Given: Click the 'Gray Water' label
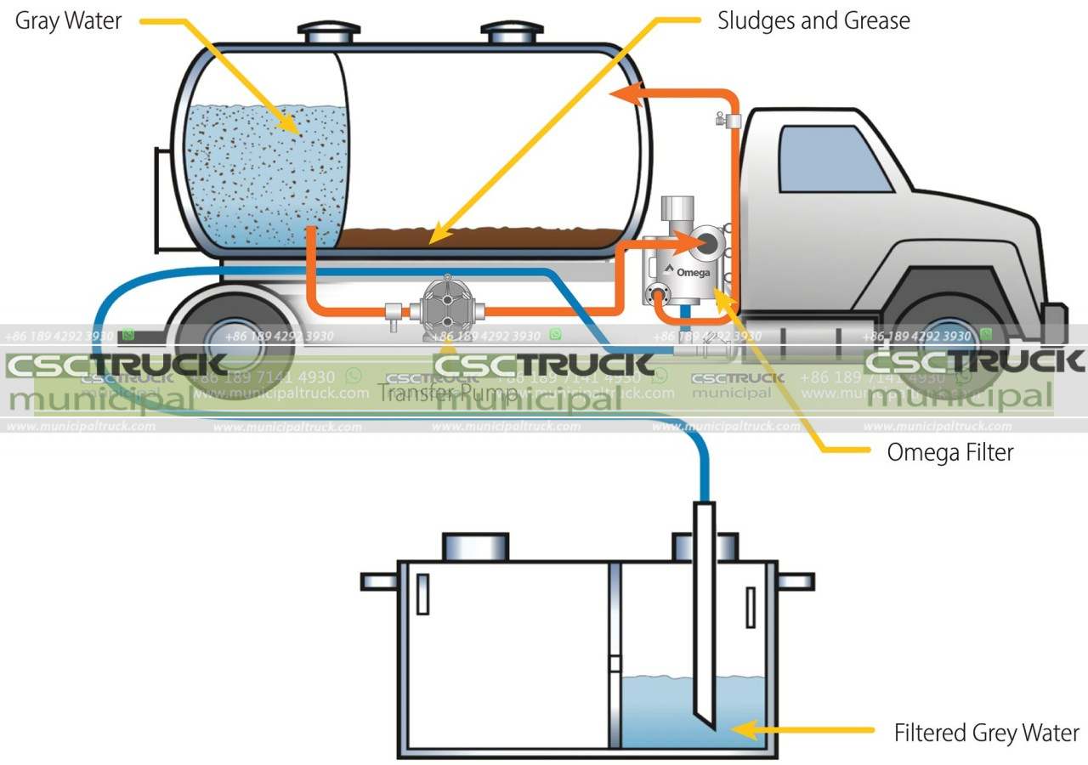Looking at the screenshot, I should click(x=69, y=20).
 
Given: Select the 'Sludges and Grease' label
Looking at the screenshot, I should click(x=813, y=20).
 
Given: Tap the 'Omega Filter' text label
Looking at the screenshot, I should click(x=949, y=452).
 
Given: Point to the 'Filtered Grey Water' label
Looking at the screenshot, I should click(x=986, y=733).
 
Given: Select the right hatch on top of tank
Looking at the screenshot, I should click(x=512, y=32).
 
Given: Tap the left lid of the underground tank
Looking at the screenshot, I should click(x=475, y=547).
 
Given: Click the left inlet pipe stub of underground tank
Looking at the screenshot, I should click(x=379, y=581).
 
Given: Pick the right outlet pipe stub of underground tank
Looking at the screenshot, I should click(x=796, y=581).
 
